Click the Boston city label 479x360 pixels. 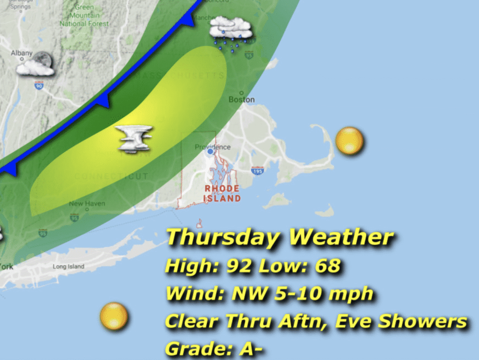click(242, 99)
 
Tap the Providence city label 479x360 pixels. click(213, 147)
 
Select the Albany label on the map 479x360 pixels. click(22, 53)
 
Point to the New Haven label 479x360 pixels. click(87, 204)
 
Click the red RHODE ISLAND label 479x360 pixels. click(222, 193)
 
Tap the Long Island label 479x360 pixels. click(68, 267)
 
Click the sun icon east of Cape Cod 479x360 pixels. click(349, 140)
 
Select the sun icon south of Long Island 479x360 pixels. click(114, 316)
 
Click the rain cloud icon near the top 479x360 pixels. click(231, 32)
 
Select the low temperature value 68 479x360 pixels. click(327, 267)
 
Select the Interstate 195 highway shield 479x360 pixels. click(257, 171)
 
